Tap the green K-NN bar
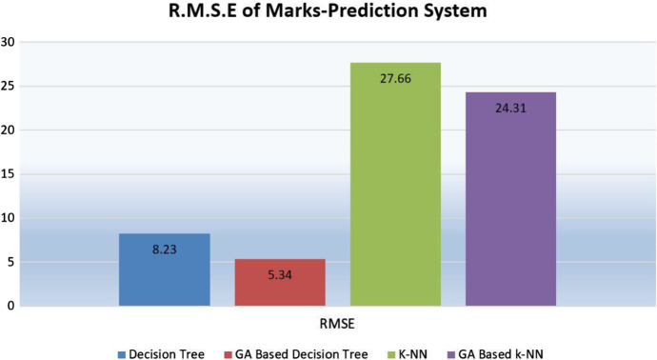click(395, 190)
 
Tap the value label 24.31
click(510, 108)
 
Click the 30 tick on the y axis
click(9, 42)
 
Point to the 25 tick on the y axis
click(9, 86)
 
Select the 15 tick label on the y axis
click(9, 173)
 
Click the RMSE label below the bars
click(338, 322)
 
